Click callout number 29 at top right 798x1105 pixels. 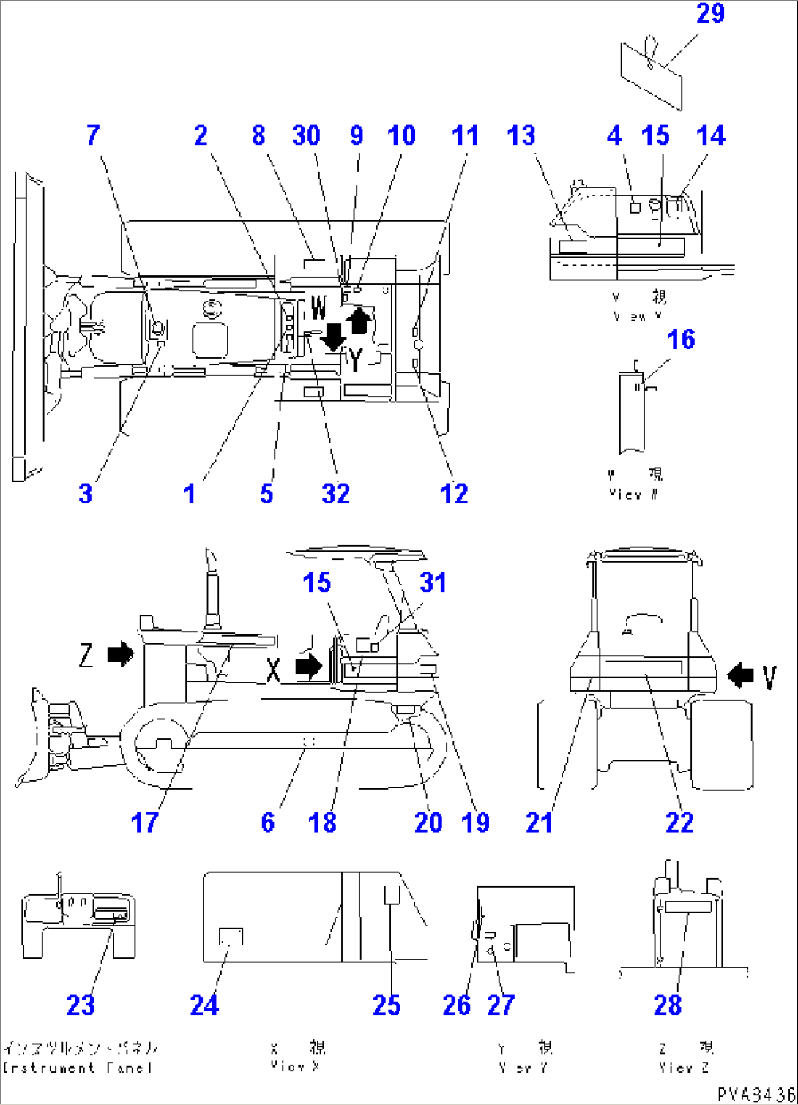[709, 14]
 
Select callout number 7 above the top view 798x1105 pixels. [93, 135]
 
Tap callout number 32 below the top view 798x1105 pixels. [335, 494]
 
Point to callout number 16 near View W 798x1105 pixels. [680, 340]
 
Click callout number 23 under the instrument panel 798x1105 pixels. [81, 1005]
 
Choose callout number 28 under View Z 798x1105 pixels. [667, 1005]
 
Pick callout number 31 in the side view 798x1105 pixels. [433, 583]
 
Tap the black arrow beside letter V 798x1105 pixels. [740, 675]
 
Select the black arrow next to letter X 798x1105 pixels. [308, 666]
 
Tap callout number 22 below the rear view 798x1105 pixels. [679, 823]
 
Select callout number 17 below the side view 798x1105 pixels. [144, 823]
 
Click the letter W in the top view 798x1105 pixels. [318, 308]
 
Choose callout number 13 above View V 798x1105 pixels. [521, 135]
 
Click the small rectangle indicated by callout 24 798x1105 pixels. [231, 937]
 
